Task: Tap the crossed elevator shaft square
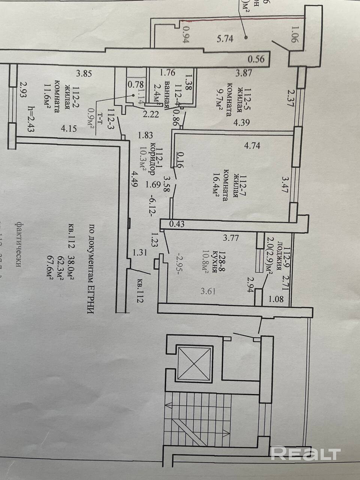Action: (x=195, y=363)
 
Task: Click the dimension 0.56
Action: (x=256, y=59)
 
